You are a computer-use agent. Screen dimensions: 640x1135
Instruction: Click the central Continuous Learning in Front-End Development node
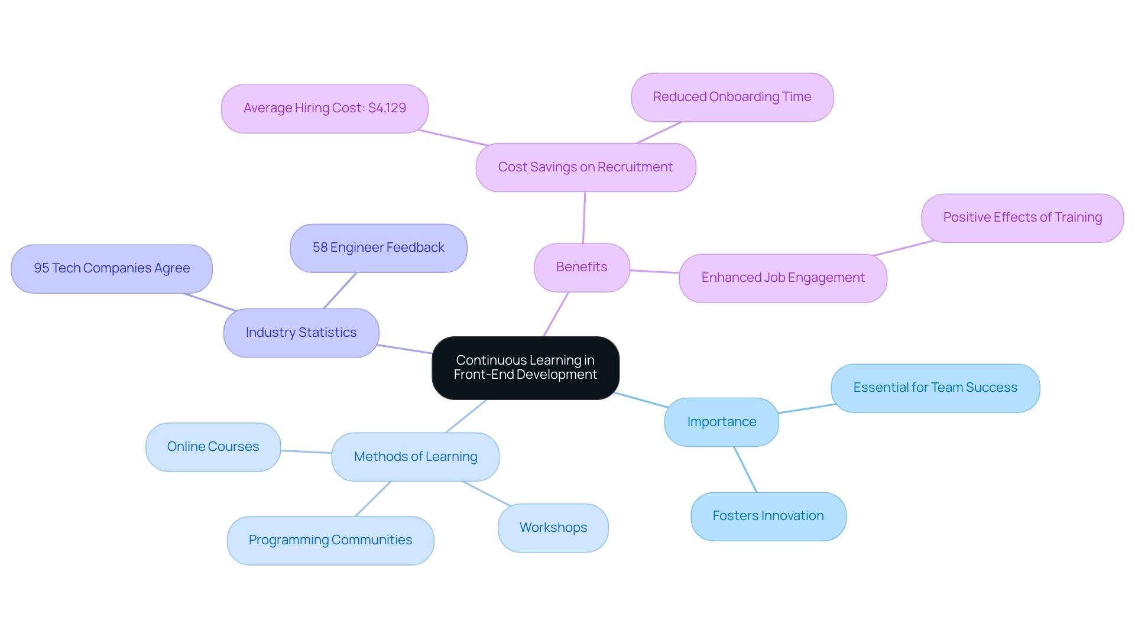[x=525, y=368]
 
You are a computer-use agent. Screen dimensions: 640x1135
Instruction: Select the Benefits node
[x=582, y=267]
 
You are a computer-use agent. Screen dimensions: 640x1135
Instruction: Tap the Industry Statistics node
[x=301, y=333]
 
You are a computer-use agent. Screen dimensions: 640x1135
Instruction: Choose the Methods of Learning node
[x=415, y=457]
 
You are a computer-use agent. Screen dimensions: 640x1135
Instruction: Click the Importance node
[x=721, y=422]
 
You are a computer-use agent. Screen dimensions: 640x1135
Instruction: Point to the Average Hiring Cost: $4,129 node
[x=325, y=108]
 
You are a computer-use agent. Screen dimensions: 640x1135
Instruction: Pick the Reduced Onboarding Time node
[x=732, y=97]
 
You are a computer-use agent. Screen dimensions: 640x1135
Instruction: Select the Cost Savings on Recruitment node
[x=585, y=167]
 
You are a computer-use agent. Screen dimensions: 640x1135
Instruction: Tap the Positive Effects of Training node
[x=1022, y=217]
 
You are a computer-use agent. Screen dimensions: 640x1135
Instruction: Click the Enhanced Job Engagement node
[x=783, y=278]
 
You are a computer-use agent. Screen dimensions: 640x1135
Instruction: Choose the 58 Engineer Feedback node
[x=378, y=248]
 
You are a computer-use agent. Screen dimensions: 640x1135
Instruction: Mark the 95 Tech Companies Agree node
[x=112, y=268]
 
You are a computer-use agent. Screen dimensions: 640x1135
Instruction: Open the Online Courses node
[x=213, y=447]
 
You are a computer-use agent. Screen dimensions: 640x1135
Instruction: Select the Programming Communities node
[x=330, y=540]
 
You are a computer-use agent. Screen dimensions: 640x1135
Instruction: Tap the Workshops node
[x=553, y=528]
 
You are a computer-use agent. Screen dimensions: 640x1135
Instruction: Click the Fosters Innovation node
[x=768, y=516]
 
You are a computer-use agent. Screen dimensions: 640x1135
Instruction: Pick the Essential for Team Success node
[x=935, y=388]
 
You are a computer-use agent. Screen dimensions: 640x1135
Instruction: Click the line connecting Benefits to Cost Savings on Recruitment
[x=584, y=217]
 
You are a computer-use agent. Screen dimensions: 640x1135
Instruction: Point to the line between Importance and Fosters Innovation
[x=745, y=469]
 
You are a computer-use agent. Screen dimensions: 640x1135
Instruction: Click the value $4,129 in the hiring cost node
[x=387, y=108]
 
